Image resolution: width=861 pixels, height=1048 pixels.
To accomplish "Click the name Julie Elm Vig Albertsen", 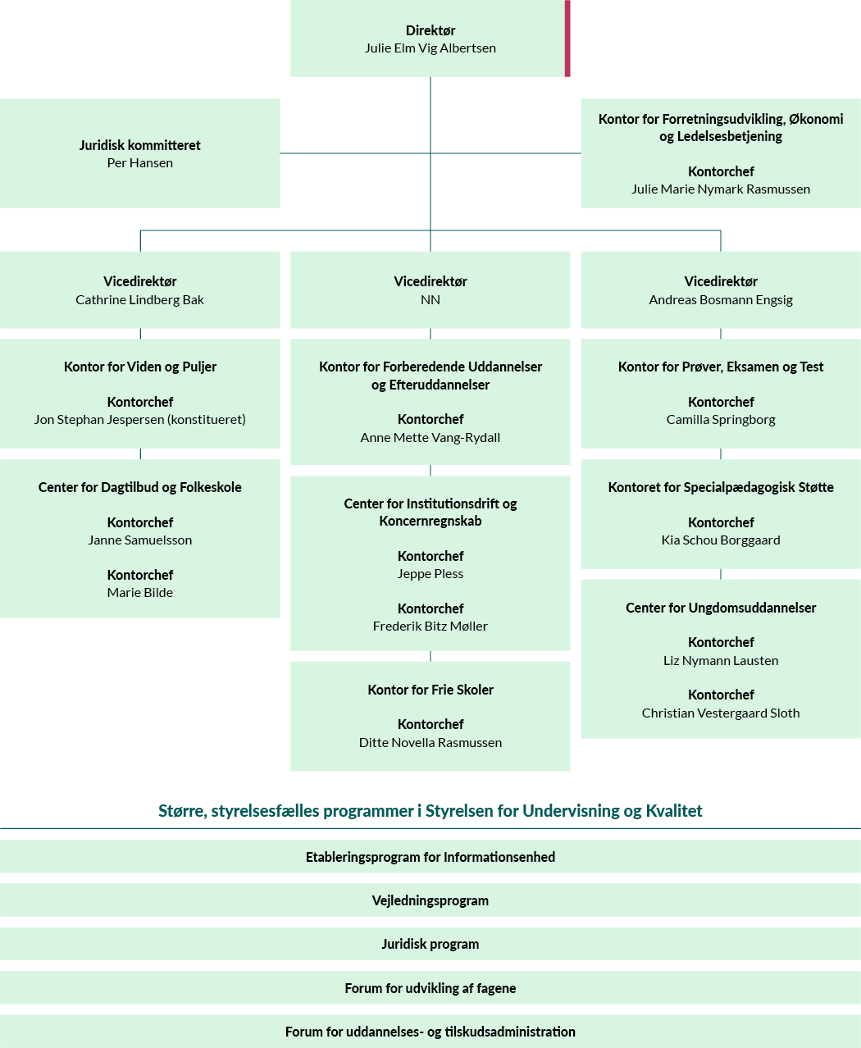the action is [430, 48].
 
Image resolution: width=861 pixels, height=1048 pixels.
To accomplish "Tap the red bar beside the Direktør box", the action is [567, 39].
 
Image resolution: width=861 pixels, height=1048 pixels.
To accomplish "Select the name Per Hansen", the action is [140, 163].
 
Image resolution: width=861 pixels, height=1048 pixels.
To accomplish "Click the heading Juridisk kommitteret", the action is [140, 145].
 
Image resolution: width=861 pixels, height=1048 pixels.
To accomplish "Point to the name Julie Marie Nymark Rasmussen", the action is [721, 189].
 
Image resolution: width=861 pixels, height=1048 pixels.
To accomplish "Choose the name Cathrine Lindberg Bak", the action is [140, 300].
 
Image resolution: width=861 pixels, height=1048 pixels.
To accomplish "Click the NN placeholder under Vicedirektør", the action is [430, 300].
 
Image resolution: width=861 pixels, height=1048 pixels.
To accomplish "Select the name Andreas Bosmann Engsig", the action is [721, 300].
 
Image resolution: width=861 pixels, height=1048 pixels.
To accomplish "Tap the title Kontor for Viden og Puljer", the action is [140, 367].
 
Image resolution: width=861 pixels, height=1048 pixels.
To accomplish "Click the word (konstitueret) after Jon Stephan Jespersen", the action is [207, 420].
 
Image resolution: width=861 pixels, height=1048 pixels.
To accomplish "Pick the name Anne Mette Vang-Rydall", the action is [430, 438].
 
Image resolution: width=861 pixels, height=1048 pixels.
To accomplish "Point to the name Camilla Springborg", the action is [721, 420].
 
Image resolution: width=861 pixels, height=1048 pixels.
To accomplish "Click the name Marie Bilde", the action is [140, 593].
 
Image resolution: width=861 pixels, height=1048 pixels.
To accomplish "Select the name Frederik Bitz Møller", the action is [430, 627].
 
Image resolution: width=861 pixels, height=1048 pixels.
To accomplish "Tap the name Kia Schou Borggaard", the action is [721, 540].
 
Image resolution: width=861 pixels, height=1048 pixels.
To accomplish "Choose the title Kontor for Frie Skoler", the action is [430, 690].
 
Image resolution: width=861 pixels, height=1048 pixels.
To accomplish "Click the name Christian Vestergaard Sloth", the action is [721, 713].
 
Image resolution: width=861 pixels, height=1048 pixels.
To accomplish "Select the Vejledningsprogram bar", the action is [430, 900].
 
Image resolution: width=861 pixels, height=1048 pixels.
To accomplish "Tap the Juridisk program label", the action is [430, 944].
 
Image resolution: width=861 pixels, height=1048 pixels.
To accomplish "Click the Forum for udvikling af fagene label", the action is [430, 988].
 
